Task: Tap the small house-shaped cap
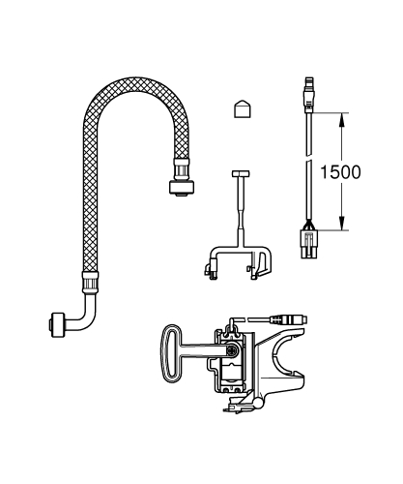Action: click(x=243, y=107)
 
